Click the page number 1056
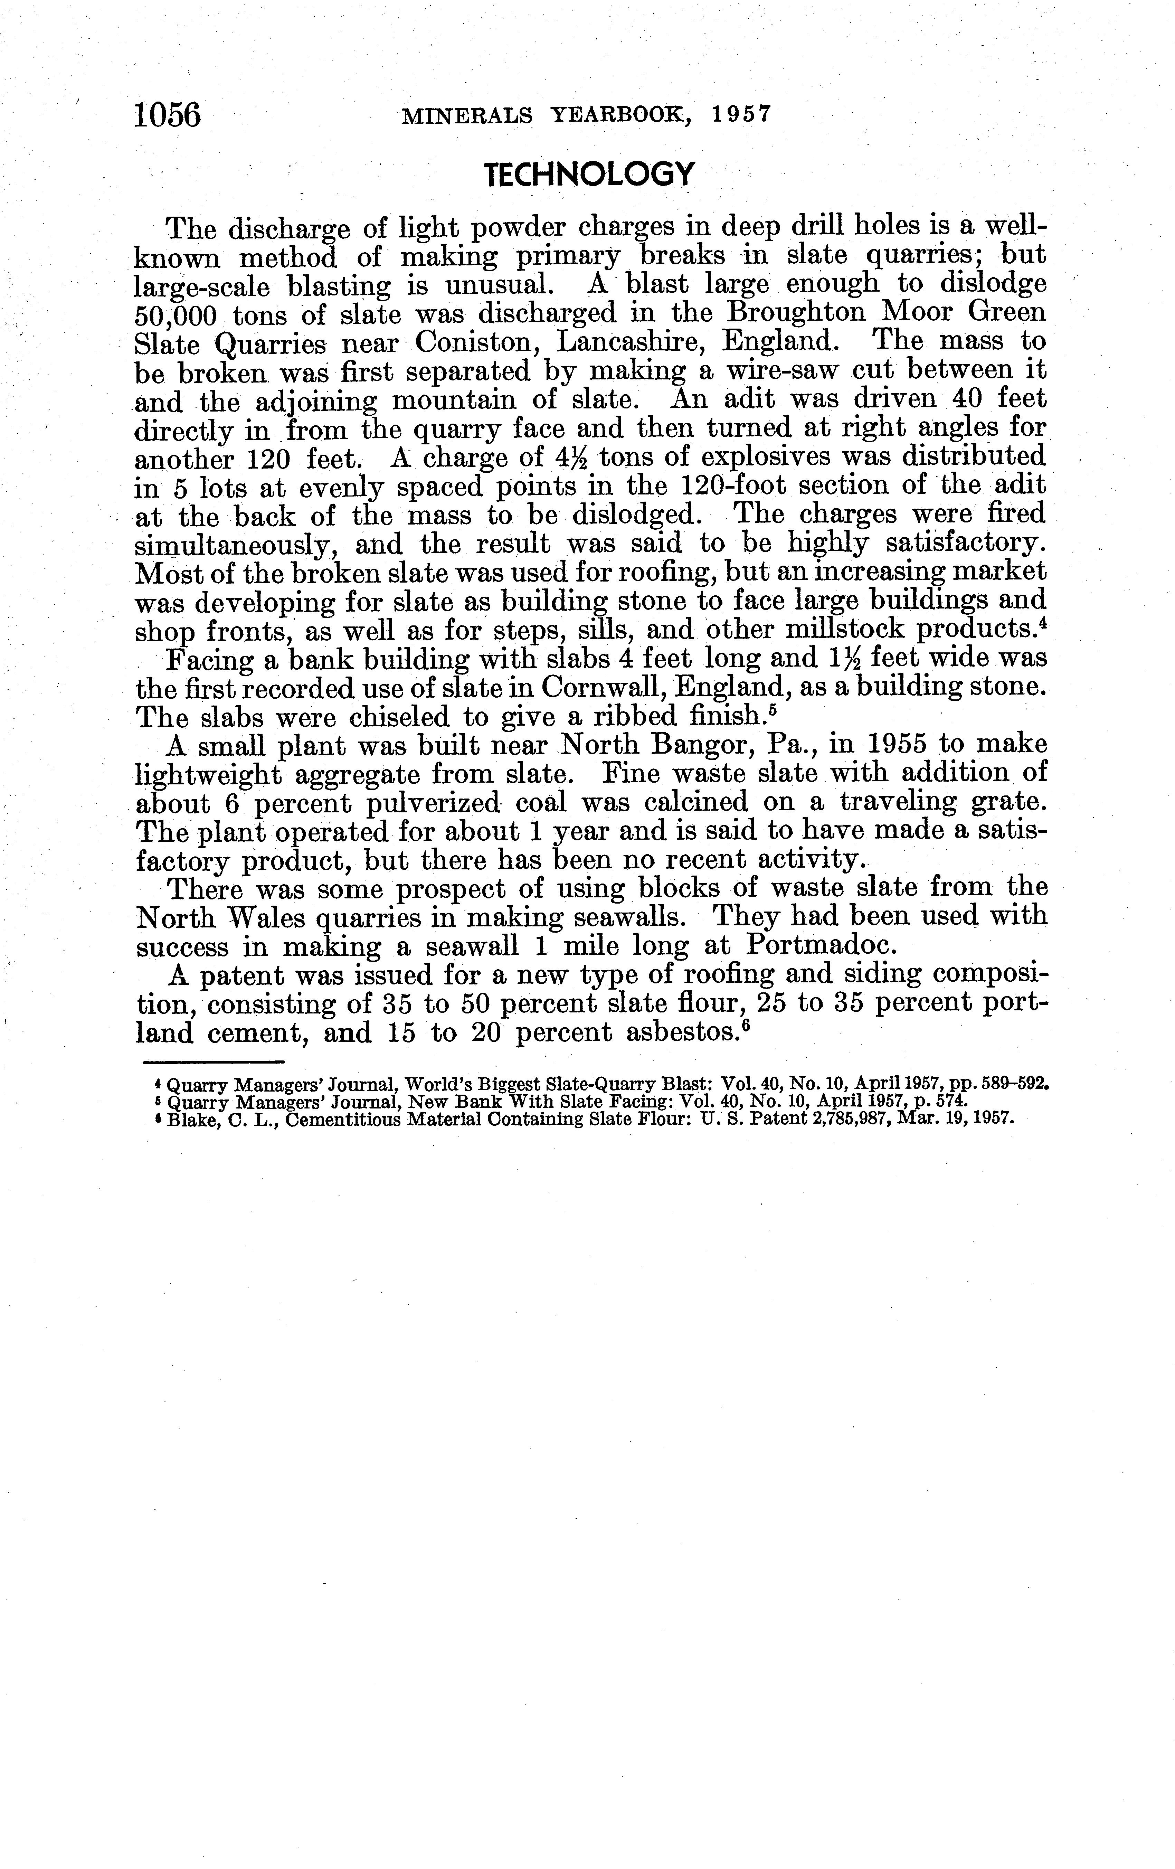tap(168, 115)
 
